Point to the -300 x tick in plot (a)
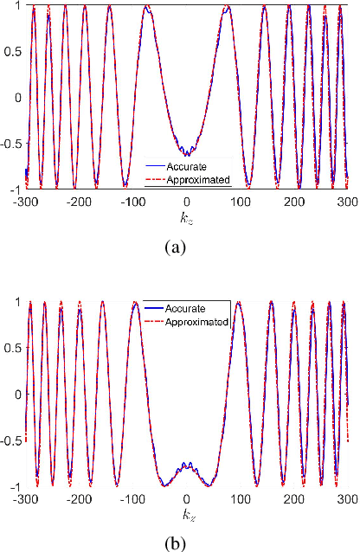(x=26, y=200)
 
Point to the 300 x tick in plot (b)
(x=347, y=498)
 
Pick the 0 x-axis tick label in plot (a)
(x=187, y=200)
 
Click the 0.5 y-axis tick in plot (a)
(x=16, y=51)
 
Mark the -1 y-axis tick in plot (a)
(x=17, y=189)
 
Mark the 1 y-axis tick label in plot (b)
(x=20, y=302)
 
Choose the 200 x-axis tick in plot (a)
(x=293, y=200)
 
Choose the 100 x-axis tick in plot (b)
(x=240, y=498)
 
